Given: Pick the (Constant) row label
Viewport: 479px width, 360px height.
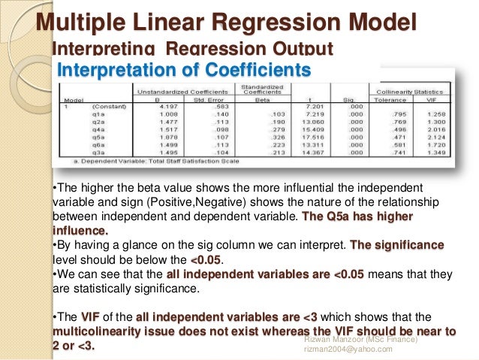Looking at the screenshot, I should tap(104, 107).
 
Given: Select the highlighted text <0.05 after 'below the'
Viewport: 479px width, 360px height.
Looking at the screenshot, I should tap(203, 260).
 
